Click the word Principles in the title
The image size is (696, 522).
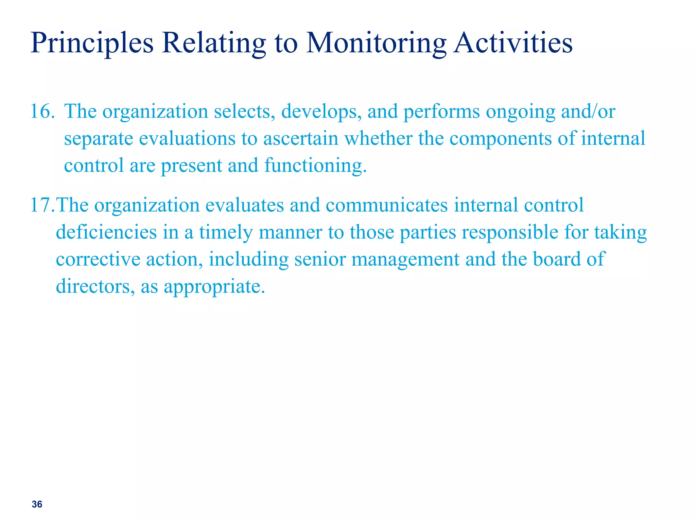[92, 43]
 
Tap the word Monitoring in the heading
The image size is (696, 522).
[376, 43]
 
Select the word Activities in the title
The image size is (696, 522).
[513, 43]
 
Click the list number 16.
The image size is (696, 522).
[42, 111]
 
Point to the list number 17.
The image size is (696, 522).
[42, 205]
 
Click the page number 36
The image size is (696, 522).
[37, 504]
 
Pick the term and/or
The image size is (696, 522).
[588, 111]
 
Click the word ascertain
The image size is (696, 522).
[301, 138]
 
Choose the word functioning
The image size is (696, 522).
[315, 166]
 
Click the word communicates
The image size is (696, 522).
[387, 205]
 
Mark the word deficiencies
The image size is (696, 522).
[106, 232]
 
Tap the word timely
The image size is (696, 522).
[226, 232]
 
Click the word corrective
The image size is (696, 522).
[98, 259]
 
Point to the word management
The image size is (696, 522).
[405, 259]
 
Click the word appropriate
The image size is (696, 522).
[214, 286]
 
